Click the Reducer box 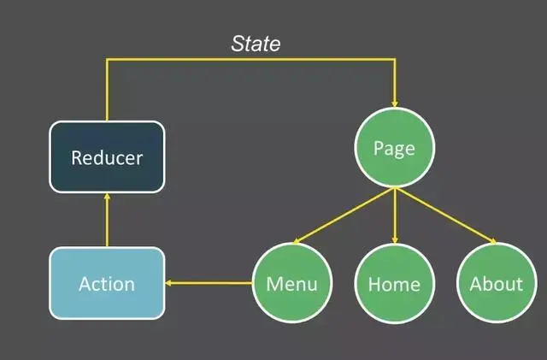coord(107,156)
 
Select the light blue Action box coord(107,283)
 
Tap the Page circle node coord(394,149)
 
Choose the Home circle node coord(394,283)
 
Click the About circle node coord(496,283)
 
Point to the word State coord(256,44)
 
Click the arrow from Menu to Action coord(209,283)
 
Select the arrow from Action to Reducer coord(107,221)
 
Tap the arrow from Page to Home coord(394,215)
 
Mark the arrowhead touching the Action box coord(169,283)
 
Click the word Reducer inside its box coord(107,157)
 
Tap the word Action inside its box coord(107,284)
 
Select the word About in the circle coord(496,284)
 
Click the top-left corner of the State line coord(107,61)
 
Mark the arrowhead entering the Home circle coord(394,239)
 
